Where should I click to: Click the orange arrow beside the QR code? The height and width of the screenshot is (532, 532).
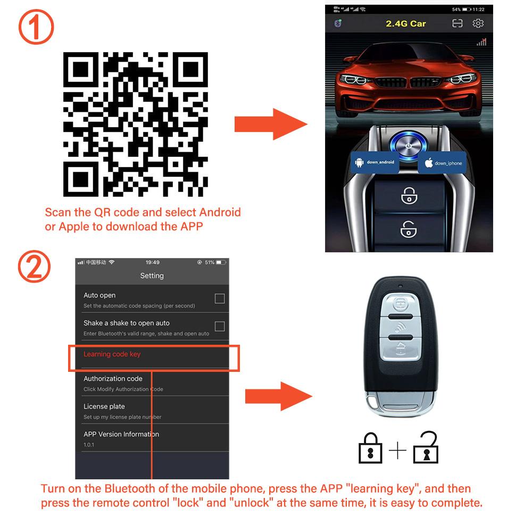270,124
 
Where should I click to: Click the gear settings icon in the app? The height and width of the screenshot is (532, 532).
478,23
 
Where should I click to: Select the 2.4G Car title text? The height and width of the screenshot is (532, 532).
405,23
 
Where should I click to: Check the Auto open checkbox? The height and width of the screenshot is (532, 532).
220,298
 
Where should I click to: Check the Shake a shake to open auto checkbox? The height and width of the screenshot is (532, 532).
220,326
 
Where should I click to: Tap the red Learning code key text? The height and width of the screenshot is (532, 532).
112,354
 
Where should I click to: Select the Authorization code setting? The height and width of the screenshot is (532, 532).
113,379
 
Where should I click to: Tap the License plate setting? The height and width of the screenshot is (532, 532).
104,406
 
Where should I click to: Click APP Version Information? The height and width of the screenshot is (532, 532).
121,434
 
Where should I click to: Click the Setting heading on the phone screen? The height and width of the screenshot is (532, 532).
152,276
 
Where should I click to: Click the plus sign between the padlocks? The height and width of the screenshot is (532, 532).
397,451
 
